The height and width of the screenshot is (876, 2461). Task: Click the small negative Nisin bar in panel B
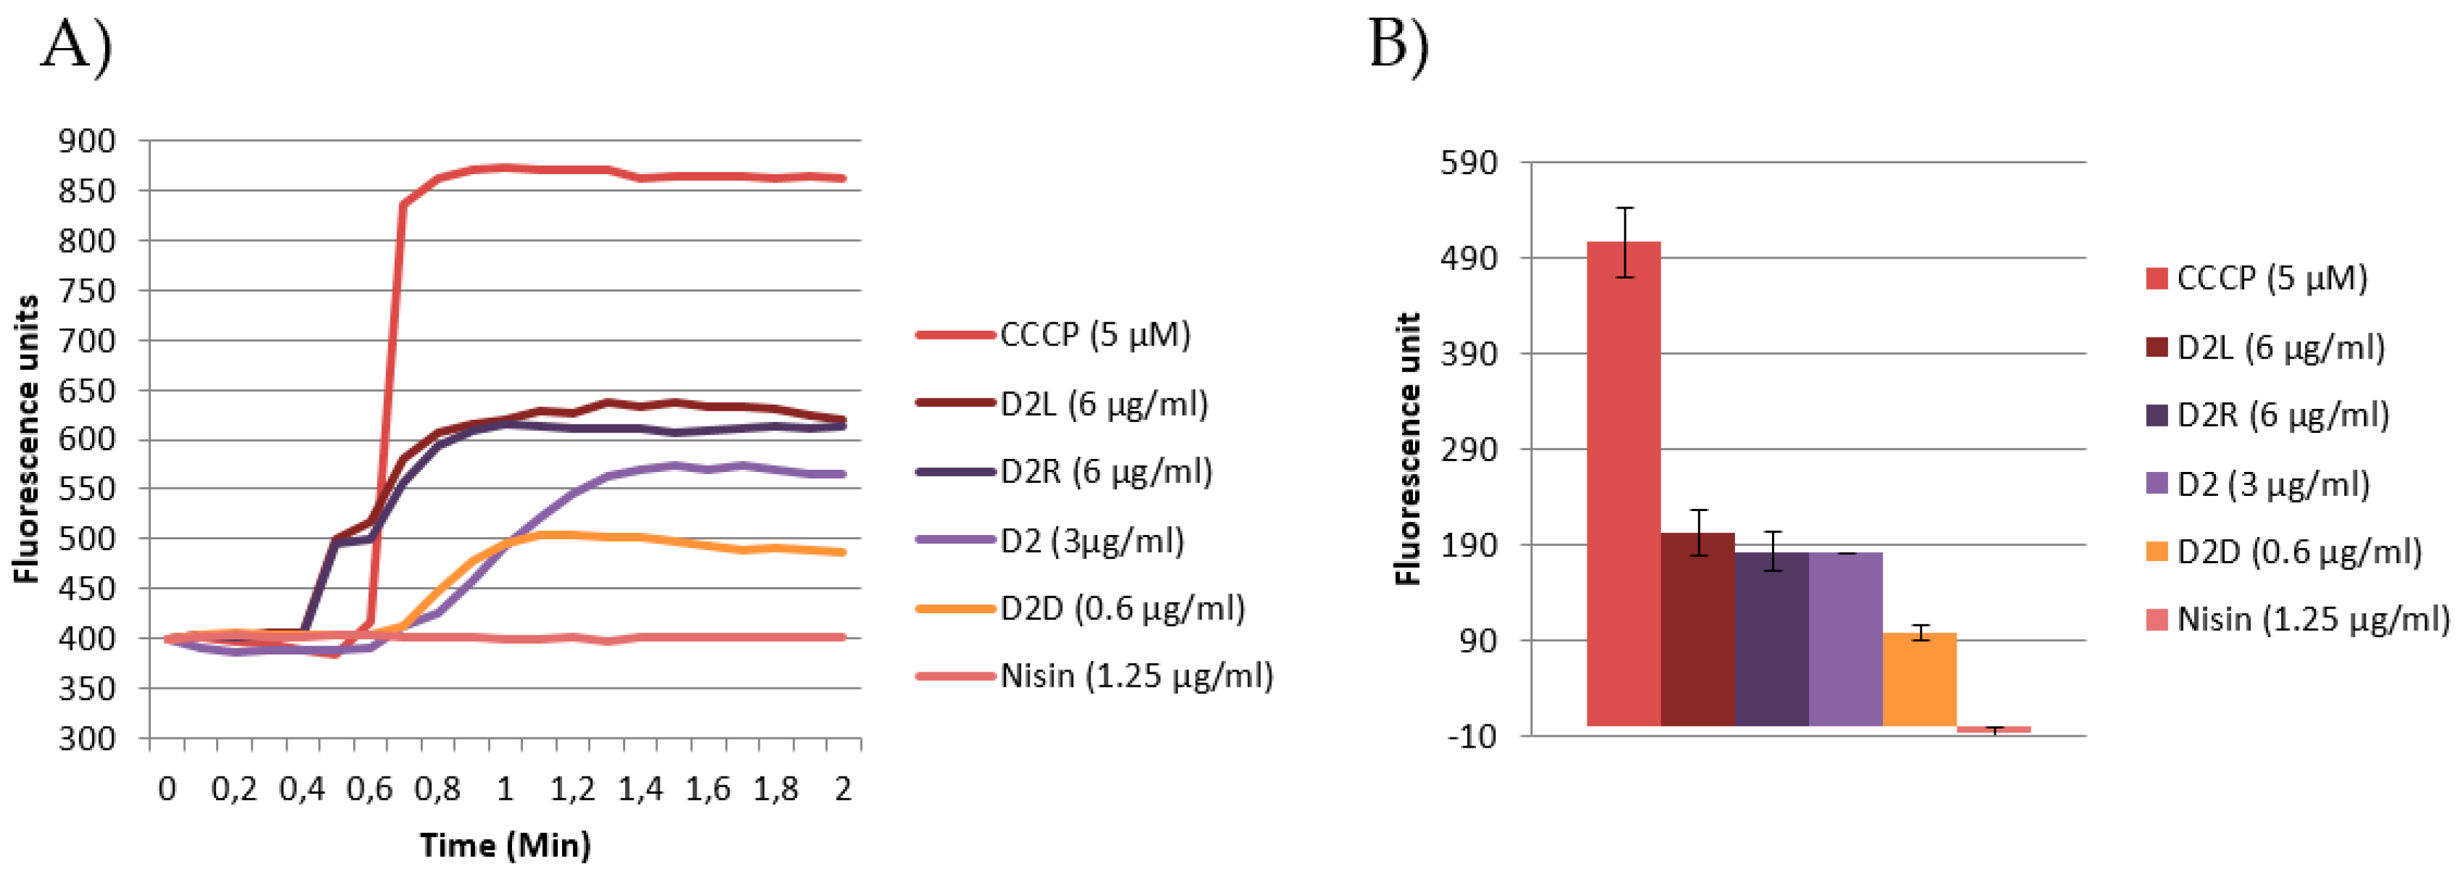click(x=1994, y=729)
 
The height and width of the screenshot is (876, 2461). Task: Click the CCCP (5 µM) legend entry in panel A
click(x=1095, y=334)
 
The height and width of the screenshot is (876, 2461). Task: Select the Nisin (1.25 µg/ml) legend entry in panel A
click(x=1136, y=676)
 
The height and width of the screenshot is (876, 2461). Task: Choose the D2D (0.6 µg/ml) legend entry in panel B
click(x=2298, y=552)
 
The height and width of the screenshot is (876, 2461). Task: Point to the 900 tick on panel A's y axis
click(x=87, y=141)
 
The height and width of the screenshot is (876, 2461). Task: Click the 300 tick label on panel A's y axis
click(x=87, y=737)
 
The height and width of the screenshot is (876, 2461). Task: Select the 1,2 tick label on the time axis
click(x=572, y=789)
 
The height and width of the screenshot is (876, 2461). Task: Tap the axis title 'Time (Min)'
click(x=505, y=844)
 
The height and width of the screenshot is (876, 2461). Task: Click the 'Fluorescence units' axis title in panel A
click(x=26, y=440)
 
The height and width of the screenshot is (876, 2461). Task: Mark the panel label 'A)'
click(x=76, y=45)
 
